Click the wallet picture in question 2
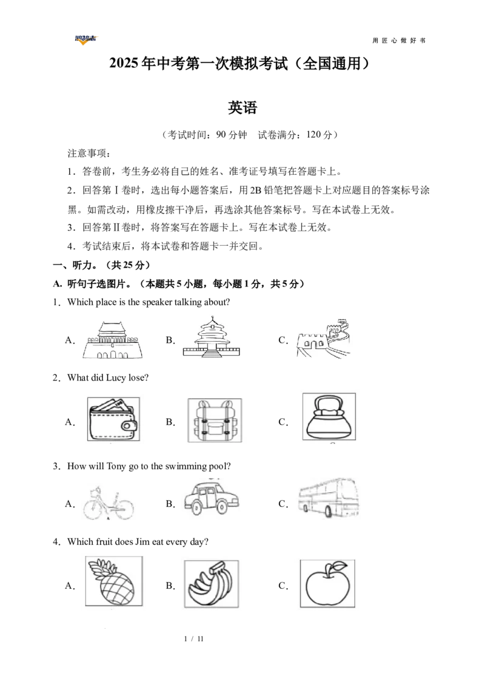(113, 419)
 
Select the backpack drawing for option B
(215, 420)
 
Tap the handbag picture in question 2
(329, 417)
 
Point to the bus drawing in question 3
(329, 498)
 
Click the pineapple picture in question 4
(114, 581)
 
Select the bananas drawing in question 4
(212, 584)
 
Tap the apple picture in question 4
(327, 583)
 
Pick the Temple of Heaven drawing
(212, 338)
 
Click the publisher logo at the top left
(86, 40)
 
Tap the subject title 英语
(242, 108)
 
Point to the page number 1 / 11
(194, 639)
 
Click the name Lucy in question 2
(116, 377)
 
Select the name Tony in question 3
(116, 466)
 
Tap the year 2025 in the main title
(124, 64)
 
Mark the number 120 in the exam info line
(313, 135)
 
